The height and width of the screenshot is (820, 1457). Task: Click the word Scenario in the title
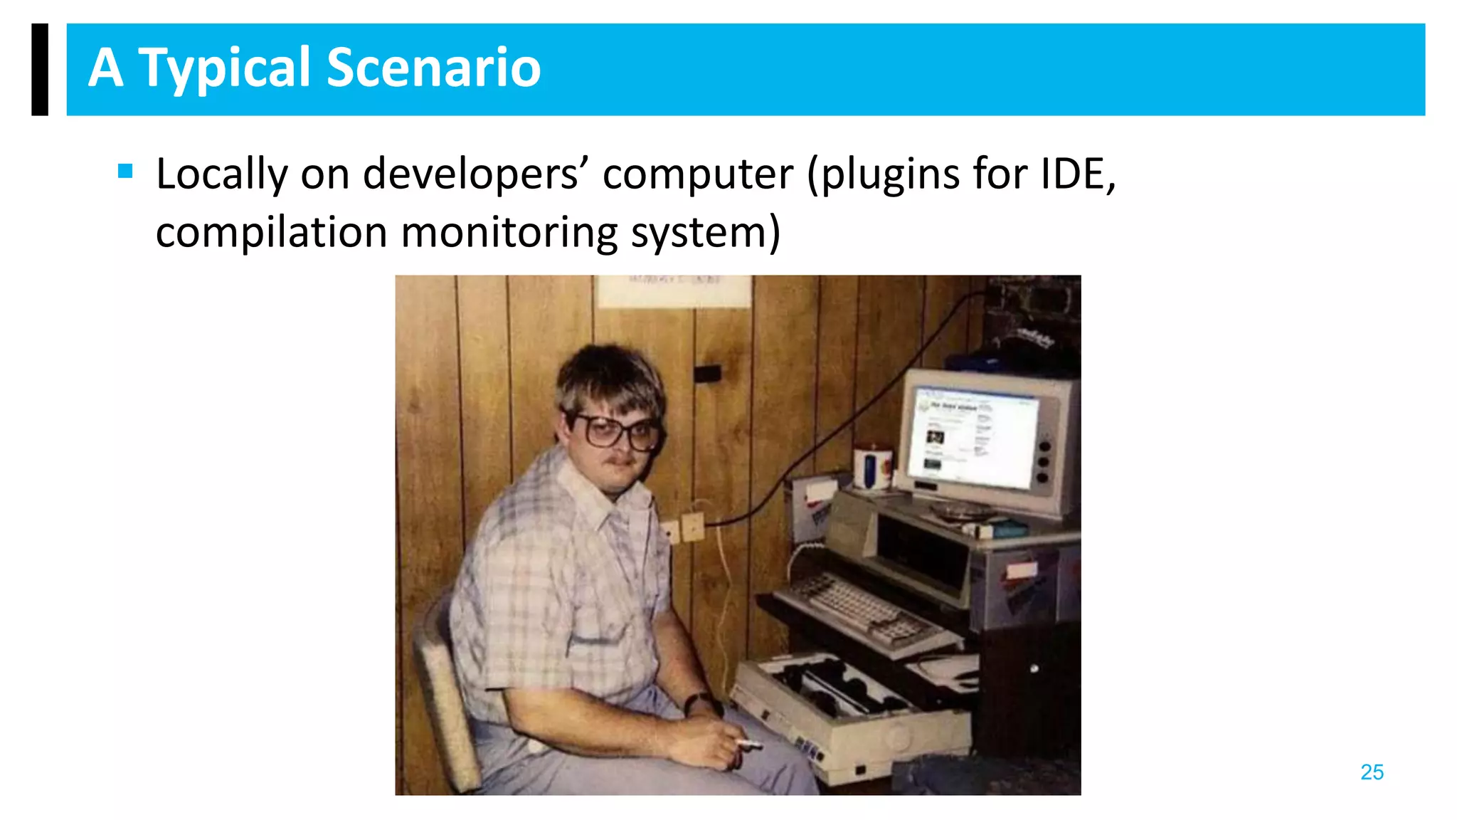434,68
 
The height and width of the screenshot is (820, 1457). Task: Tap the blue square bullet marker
126,171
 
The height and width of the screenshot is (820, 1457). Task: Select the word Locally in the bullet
221,174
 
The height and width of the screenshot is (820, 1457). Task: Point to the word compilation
272,232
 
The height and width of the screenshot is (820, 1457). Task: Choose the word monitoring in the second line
509,232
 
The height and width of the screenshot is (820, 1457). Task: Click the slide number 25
1372,772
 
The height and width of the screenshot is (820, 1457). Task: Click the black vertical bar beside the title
40,69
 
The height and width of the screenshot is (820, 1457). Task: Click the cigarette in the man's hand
748,745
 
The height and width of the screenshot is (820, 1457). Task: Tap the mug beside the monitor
872,468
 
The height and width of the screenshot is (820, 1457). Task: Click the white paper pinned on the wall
673,290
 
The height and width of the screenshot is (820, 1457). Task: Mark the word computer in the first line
698,174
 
